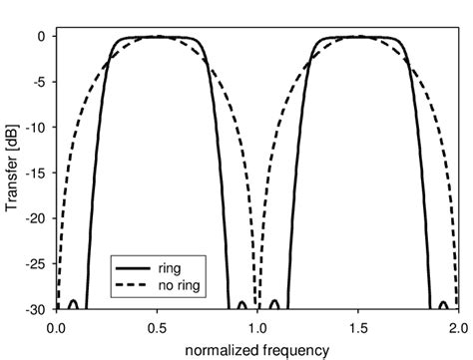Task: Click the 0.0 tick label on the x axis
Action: point(57,325)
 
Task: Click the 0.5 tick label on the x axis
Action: point(157,325)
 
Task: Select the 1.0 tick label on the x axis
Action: point(256,325)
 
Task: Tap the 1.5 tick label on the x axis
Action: point(356,325)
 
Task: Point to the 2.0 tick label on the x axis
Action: point(455,325)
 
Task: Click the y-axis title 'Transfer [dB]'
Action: point(13,172)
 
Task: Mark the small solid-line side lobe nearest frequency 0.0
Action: point(72,302)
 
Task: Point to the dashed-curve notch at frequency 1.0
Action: point(256,305)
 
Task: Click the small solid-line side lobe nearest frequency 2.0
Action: point(441,302)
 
